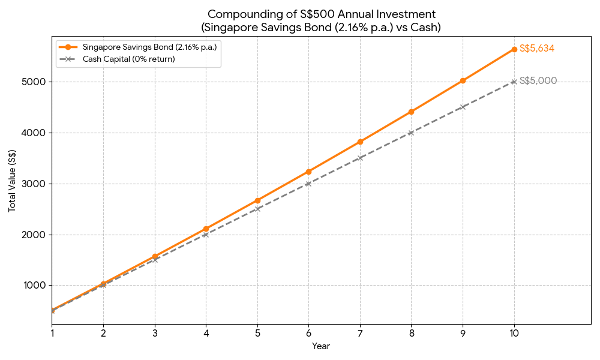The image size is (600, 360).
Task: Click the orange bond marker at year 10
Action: pos(514,49)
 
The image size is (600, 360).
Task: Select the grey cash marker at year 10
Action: pos(514,82)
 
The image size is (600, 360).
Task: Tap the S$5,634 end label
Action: pos(536,49)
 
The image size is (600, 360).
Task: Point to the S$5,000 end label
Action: pos(538,81)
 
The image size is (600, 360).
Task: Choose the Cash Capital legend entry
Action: pos(128,59)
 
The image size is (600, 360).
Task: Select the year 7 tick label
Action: pos(360,332)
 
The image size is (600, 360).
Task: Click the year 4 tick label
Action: pos(206,332)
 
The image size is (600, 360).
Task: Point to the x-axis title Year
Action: pos(321,346)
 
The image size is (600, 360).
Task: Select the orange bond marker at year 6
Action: pos(308,172)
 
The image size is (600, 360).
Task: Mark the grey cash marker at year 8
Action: pos(411,133)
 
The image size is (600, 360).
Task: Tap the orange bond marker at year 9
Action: pos(463,80)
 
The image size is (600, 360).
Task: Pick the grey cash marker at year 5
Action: pos(257,209)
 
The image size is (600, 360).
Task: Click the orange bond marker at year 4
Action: pos(206,229)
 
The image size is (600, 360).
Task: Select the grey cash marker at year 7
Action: pos(360,158)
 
